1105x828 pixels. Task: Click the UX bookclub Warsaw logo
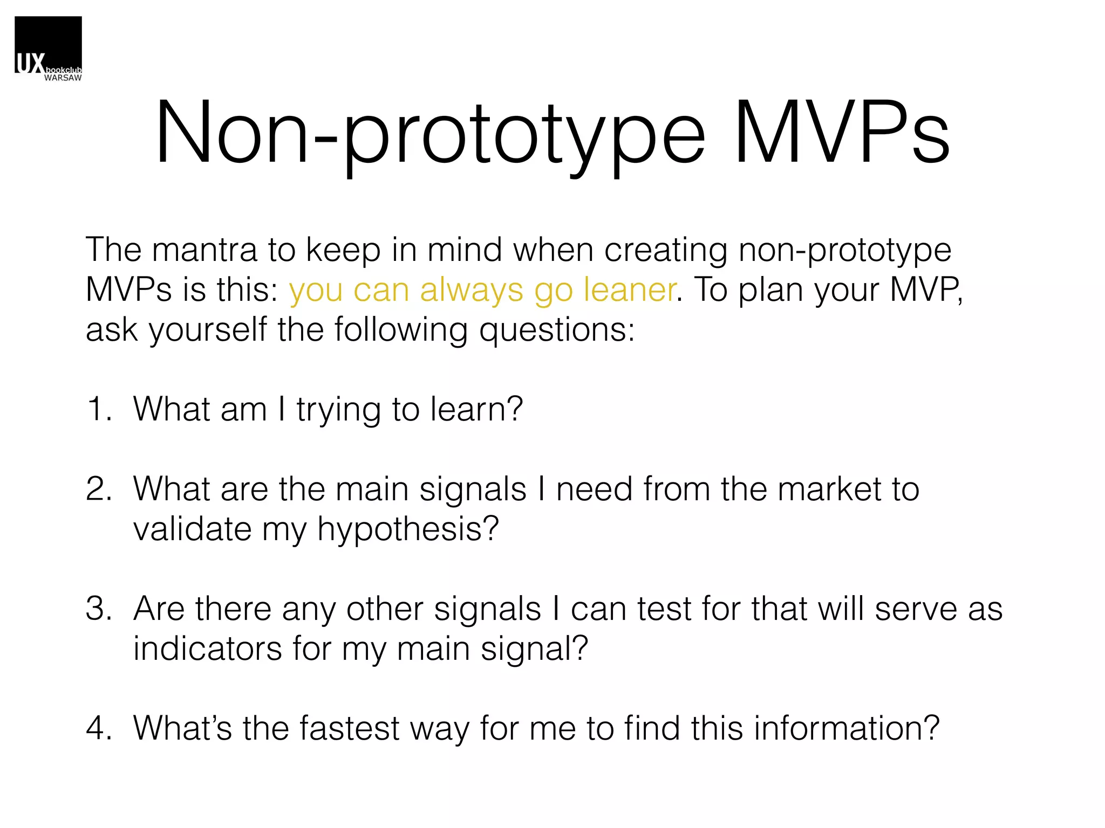tap(48, 49)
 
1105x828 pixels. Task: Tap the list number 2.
tap(99, 489)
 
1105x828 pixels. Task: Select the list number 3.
tap(99, 609)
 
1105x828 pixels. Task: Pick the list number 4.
tap(99, 728)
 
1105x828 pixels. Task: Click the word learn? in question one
tap(476, 409)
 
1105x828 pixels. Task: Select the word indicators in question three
tap(207, 648)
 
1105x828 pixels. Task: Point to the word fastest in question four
tap(349, 728)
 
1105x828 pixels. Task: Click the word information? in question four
tap(847, 728)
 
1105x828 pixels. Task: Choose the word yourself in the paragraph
tap(208, 330)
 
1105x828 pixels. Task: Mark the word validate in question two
tap(192, 529)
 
